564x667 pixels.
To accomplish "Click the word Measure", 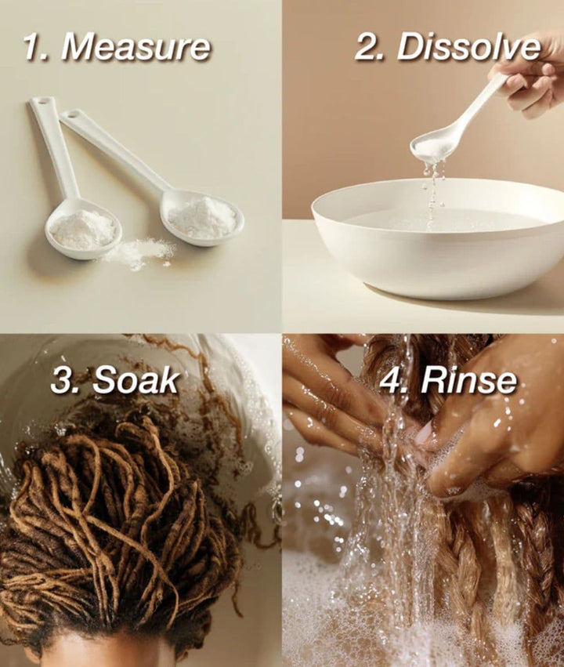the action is (x=136, y=47).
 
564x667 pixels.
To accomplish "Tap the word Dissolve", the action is (x=468, y=47).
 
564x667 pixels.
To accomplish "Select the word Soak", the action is (x=136, y=380).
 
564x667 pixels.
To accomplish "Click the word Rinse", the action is (x=468, y=380).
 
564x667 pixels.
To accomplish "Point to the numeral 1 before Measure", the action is (x=31, y=47).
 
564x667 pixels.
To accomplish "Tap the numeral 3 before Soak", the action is (x=63, y=380).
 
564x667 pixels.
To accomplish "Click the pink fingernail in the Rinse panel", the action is (x=424, y=435).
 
